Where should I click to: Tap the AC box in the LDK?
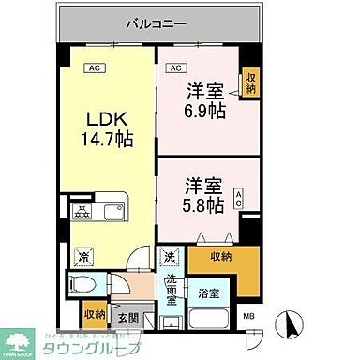click(94, 67)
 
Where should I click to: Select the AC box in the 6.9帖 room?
click(174, 67)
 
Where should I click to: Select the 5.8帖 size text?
click(201, 202)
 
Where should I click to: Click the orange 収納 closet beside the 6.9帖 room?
click(249, 82)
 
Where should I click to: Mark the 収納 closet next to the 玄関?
click(94, 314)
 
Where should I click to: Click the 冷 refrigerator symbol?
click(83, 256)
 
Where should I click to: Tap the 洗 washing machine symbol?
click(170, 256)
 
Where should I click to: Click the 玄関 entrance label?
click(127, 316)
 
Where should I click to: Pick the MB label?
click(248, 317)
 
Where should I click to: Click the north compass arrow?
click(291, 324)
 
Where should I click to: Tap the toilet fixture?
click(82, 285)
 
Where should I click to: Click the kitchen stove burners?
click(82, 211)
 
